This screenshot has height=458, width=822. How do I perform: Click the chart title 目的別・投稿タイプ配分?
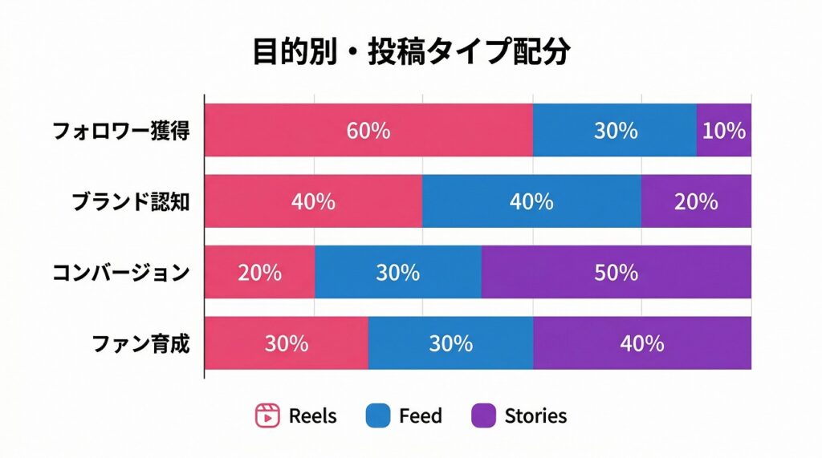(x=411, y=52)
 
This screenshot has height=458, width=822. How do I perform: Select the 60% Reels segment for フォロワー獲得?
(x=368, y=130)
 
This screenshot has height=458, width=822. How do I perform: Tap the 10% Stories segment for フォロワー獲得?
(x=724, y=130)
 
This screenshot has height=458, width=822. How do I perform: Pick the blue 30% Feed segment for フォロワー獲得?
(x=615, y=130)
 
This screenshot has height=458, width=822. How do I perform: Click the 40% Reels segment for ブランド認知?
(x=313, y=201)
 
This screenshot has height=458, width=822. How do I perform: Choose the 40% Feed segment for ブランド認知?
(x=531, y=201)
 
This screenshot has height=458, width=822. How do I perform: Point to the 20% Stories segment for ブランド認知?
(x=696, y=201)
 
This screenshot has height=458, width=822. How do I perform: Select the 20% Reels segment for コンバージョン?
(x=259, y=272)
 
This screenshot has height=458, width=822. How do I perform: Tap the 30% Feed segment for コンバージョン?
(x=398, y=272)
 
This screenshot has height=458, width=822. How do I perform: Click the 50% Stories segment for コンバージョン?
(x=616, y=272)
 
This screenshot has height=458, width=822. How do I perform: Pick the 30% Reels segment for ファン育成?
(x=287, y=342)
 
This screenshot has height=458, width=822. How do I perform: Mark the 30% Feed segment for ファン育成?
(x=450, y=342)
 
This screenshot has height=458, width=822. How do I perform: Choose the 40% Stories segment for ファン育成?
(x=642, y=342)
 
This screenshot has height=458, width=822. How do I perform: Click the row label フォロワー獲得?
(x=121, y=131)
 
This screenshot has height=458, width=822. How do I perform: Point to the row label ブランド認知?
(x=131, y=201)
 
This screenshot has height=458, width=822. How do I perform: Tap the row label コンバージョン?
(x=121, y=273)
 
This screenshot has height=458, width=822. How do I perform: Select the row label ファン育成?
(x=141, y=343)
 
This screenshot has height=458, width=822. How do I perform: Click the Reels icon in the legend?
(x=267, y=415)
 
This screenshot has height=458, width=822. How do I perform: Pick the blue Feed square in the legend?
(x=377, y=415)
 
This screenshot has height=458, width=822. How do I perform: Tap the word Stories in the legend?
(x=535, y=415)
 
